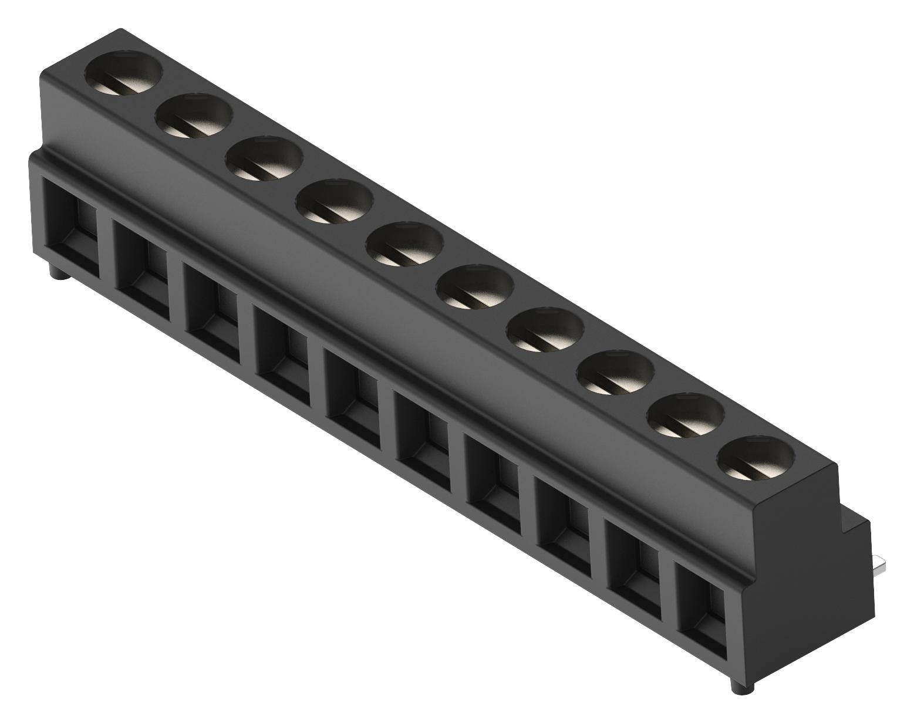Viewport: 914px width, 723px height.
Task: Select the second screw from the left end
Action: (x=194, y=117)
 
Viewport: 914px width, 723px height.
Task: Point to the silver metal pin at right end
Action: (x=879, y=566)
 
